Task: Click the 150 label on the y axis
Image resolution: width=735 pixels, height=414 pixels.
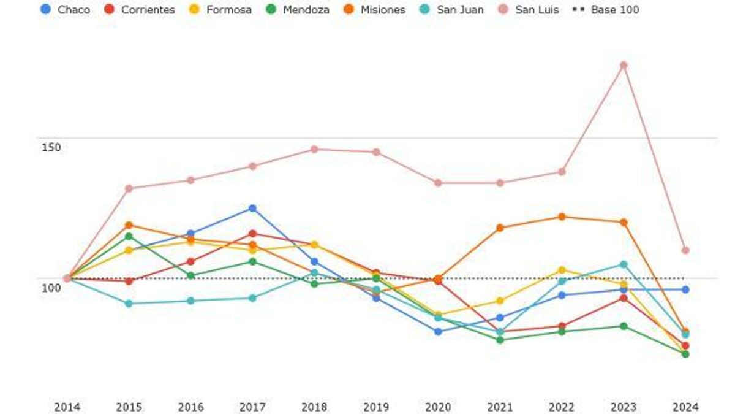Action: coord(51,147)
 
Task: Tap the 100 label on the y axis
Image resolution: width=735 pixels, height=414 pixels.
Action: coord(51,287)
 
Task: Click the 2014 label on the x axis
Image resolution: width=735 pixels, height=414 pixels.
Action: coord(67,407)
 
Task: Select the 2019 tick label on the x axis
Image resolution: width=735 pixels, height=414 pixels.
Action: coord(376,407)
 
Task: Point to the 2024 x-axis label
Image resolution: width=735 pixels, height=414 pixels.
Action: coord(685,407)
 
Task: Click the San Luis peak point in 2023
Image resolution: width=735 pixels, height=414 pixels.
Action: coord(624,66)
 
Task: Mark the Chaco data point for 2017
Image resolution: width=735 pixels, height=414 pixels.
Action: coord(252,209)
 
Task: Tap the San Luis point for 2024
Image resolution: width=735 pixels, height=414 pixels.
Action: coord(685,250)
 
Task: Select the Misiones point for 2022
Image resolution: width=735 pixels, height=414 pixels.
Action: coord(562,217)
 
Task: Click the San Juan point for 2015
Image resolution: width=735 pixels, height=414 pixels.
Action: coord(129,304)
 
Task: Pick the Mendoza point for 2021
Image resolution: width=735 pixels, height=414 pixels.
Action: coord(500,340)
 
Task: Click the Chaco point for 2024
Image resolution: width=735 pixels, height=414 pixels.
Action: coord(685,289)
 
